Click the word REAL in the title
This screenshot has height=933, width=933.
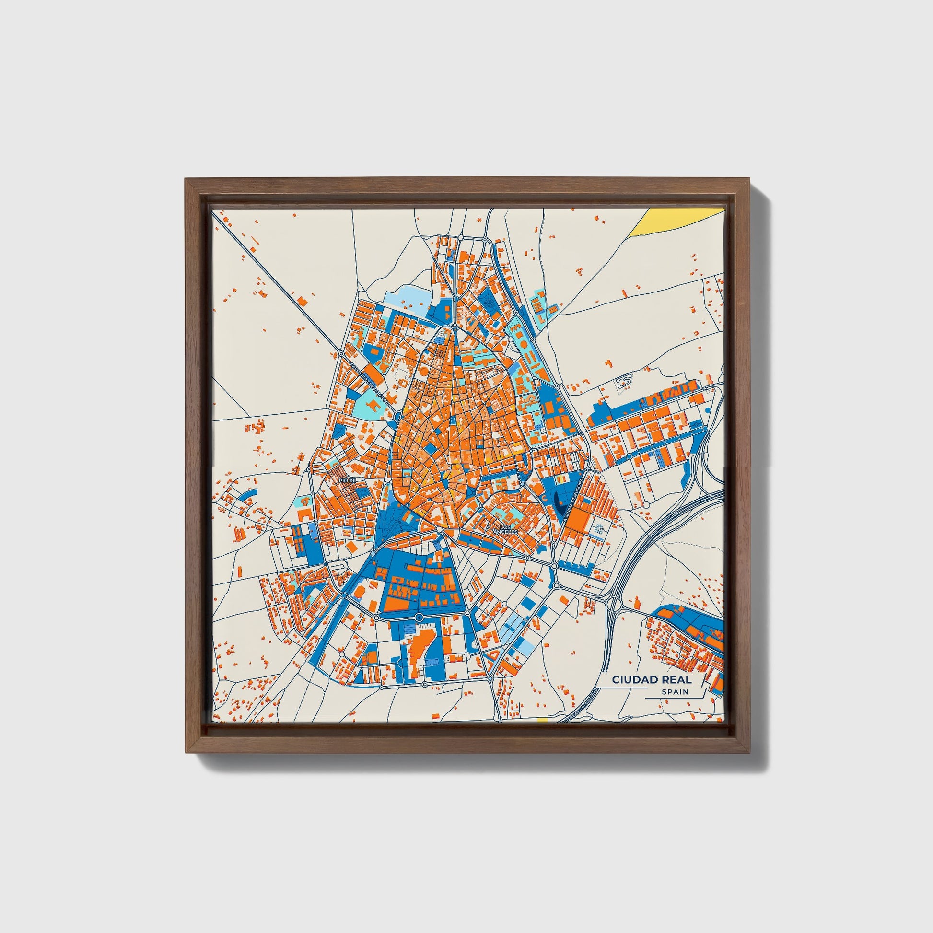point(676,679)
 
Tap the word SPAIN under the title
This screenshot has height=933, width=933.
point(675,692)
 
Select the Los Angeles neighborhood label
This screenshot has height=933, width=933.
point(505,529)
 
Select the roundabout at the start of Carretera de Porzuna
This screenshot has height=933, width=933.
point(341,353)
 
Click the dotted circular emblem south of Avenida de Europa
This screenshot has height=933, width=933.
point(599,529)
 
